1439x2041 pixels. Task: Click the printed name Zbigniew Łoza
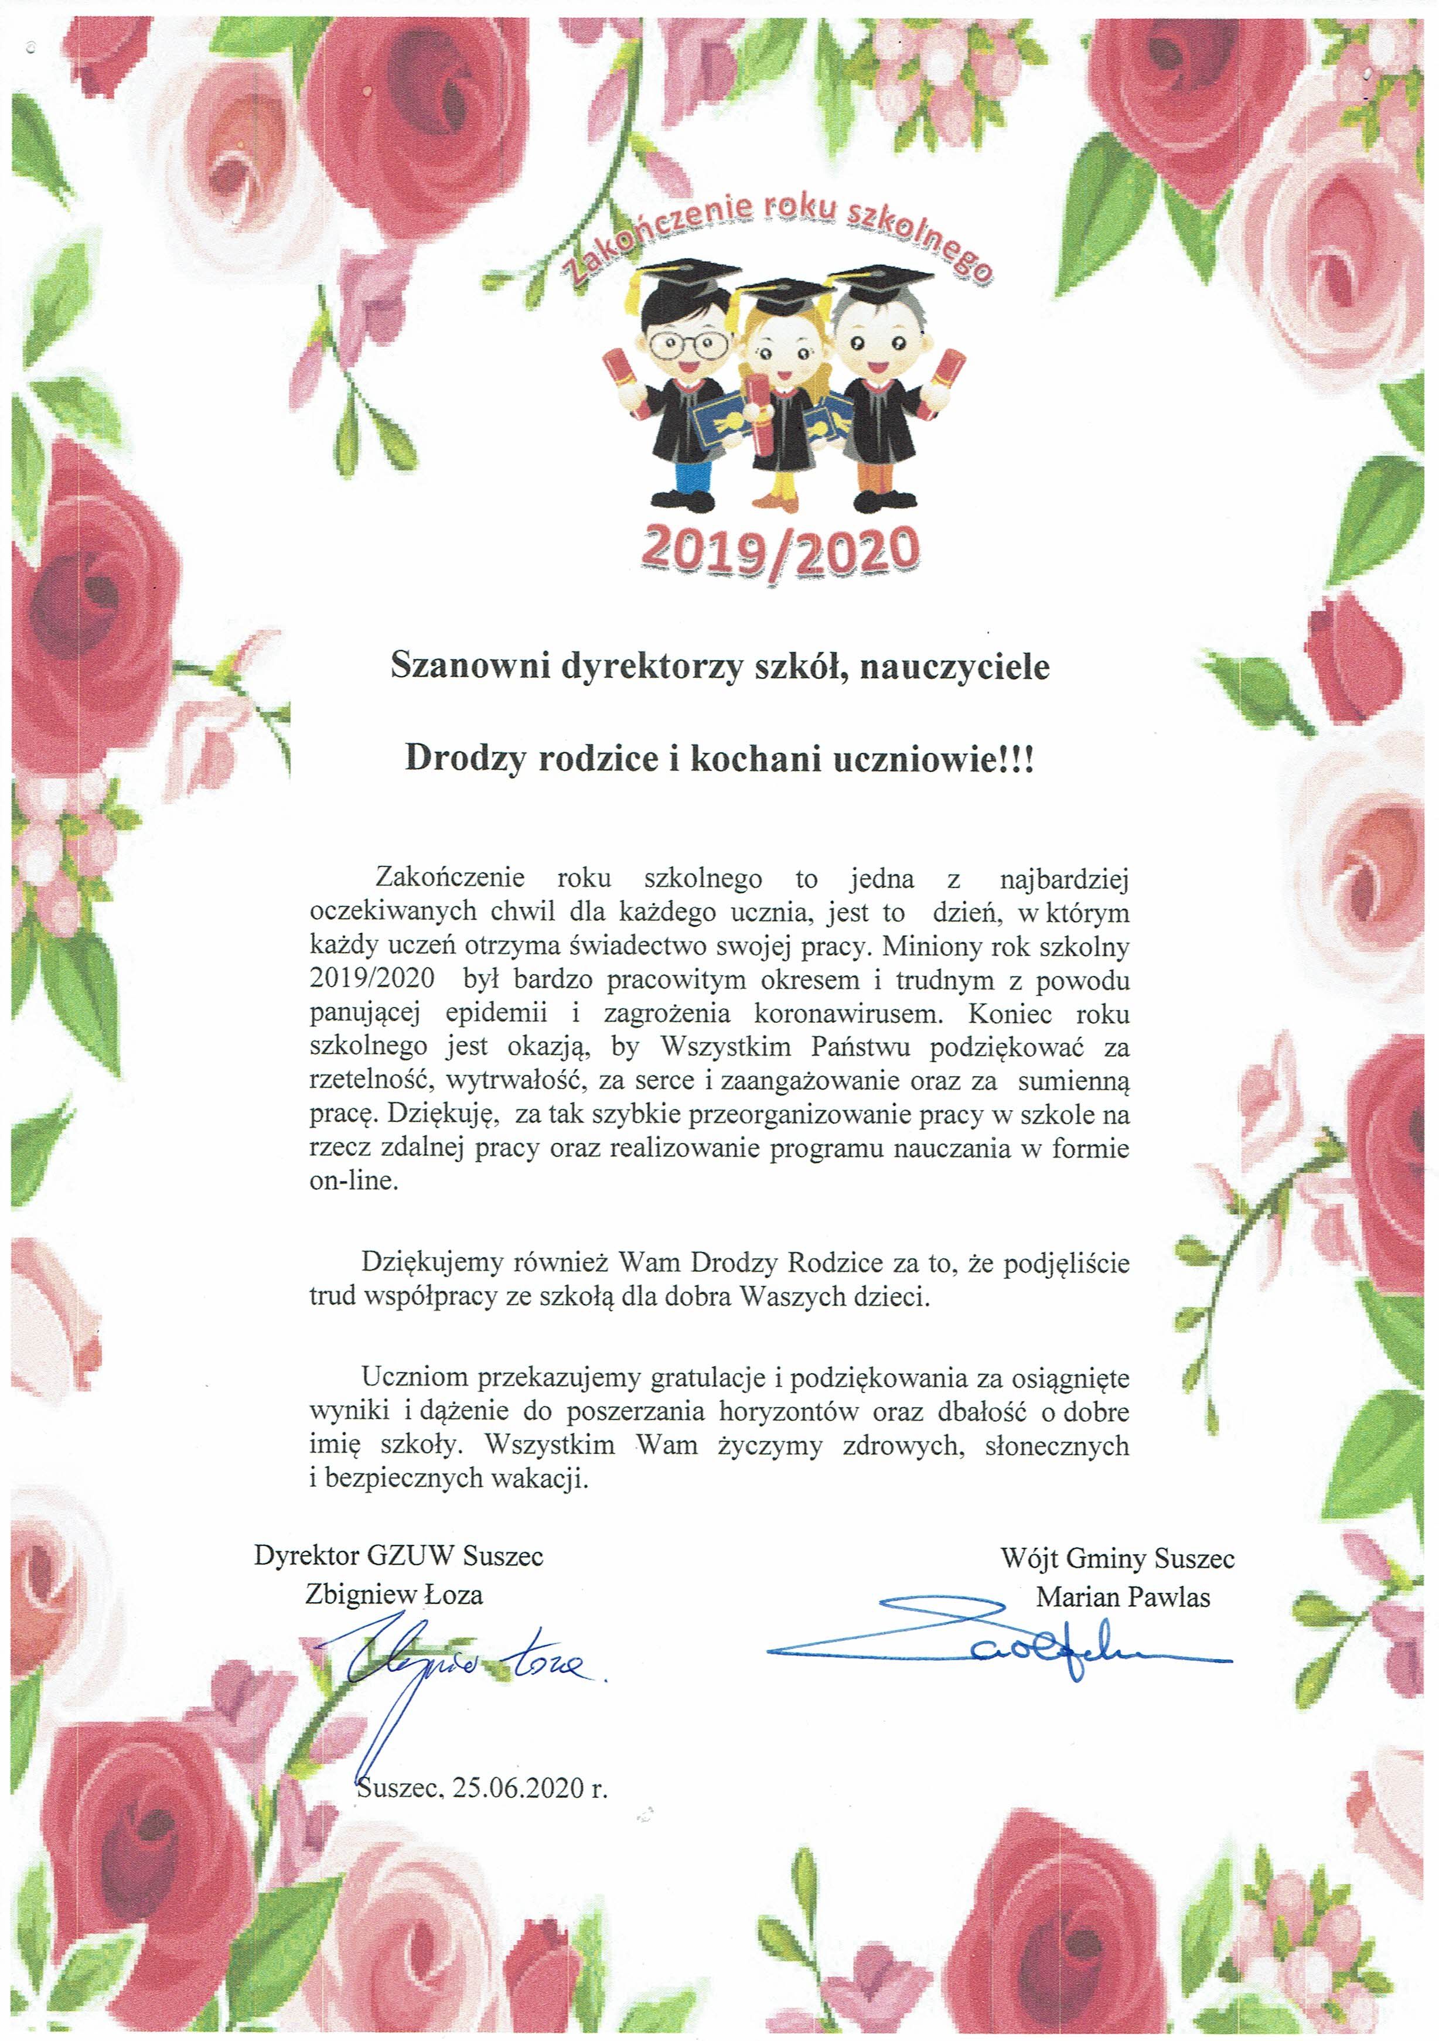tap(394, 1595)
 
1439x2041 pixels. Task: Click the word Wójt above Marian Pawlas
tap(1025, 1558)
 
